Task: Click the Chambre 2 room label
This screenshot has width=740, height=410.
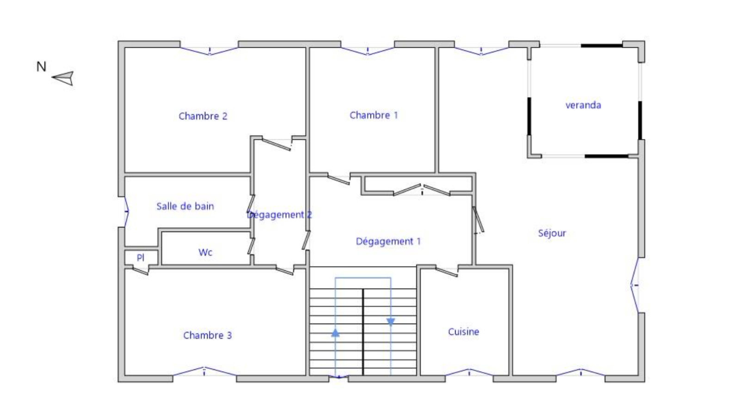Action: [x=203, y=116]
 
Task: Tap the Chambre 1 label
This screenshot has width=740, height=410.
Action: [x=374, y=115]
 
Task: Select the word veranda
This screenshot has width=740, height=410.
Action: [x=583, y=105]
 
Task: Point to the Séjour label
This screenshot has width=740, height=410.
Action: [x=552, y=233]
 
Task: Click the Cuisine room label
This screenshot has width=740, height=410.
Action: [x=463, y=332]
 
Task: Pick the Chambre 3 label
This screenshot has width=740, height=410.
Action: [x=208, y=336]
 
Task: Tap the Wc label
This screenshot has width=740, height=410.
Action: [x=205, y=252]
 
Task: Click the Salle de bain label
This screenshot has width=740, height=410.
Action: [x=185, y=206]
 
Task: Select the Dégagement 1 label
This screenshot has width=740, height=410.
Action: [x=388, y=241]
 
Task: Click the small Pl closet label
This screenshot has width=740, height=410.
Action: [x=141, y=257]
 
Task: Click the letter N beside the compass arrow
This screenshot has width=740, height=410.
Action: [x=41, y=67]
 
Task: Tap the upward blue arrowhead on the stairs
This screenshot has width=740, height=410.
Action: [x=335, y=333]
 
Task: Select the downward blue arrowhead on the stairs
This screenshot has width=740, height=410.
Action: [x=391, y=322]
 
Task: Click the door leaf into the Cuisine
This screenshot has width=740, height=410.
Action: [x=447, y=272]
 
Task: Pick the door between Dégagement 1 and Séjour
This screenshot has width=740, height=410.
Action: [x=478, y=220]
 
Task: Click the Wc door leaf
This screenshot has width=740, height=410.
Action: [x=252, y=246]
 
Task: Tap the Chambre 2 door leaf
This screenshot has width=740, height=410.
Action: [x=277, y=145]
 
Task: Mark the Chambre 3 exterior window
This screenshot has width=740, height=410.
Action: [x=204, y=372]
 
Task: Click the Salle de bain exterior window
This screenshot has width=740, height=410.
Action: [x=126, y=212]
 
